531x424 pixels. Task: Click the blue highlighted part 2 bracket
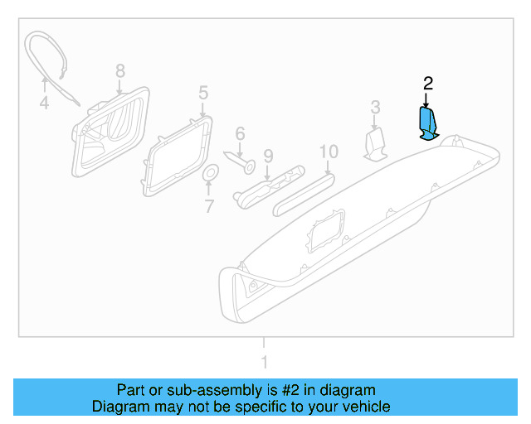point(427,125)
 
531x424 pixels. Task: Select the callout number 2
point(427,83)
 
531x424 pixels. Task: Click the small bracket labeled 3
point(376,143)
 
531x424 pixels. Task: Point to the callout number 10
point(329,152)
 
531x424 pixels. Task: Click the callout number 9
point(267,155)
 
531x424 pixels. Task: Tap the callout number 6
point(240,133)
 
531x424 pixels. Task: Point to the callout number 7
point(209,205)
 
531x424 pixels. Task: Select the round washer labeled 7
point(210,173)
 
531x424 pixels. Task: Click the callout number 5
point(202,92)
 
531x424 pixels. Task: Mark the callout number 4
point(44,104)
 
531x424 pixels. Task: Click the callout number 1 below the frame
point(264,362)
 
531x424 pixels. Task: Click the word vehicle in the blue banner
point(360,407)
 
